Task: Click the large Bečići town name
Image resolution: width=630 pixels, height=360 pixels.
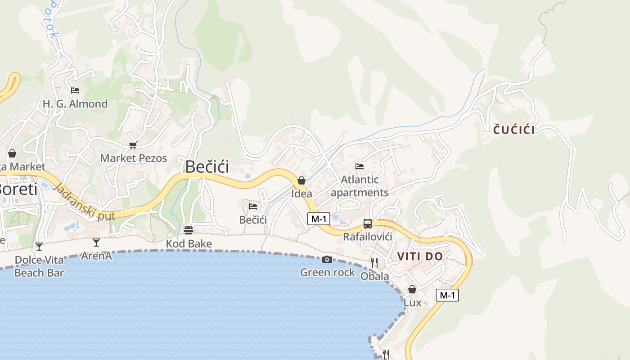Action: pyautogui.click(x=207, y=167)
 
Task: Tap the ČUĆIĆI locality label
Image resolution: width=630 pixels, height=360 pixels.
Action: pyautogui.click(x=514, y=130)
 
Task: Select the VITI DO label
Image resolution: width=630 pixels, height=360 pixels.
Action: pyautogui.click(x=420, y=256)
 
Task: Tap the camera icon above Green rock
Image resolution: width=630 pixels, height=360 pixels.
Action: pyautogui.click(x=327, y=259)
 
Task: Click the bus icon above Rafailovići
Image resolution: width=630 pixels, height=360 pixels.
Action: pyautogui.click(x=368, y=224)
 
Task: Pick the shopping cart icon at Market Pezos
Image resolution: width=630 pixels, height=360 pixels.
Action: pyautogui.click(x=133, y=145)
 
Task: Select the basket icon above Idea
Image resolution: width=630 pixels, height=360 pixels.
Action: pyautogui.click(x=301, y=180)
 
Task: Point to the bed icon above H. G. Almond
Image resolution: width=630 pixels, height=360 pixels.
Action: pyautogui.click(x=75, y=90)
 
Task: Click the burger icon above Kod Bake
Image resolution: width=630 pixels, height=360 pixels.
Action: pyautogui.click(x=189, y=230)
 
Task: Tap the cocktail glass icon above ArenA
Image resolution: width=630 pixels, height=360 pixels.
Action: pyautogui.click(x=96, y=243)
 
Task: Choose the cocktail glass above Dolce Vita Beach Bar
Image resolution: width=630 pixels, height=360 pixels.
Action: pyautogui.click(x=39, y=246)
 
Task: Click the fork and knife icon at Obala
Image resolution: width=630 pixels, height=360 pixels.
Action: pyautogui.click(x=374, y=262)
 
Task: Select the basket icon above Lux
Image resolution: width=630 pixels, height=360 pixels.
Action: pyautogui.click(x=412, y=289)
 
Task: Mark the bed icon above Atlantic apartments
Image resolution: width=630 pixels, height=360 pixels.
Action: pyautogui.click(x=360, y=166)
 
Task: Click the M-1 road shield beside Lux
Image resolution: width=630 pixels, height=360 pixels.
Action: pyautogui.click(x=447, y=295)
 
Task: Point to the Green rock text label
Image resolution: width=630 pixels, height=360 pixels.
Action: pyautogui.click(x=327, y=272)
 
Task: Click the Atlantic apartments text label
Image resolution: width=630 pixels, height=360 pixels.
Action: pyautogui.click(x=360, y=186)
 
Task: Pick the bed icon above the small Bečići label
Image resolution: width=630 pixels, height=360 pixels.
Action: pyautogui.click(x=253, y=207)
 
